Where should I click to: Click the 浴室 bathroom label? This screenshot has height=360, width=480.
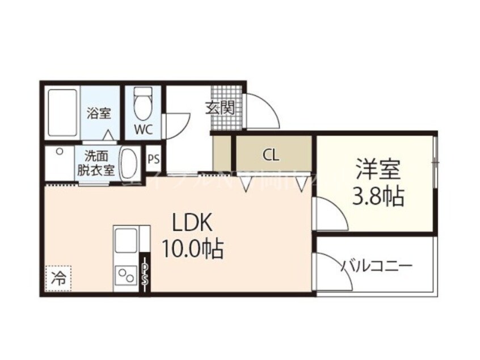pyautogui.click(x=99, y=113)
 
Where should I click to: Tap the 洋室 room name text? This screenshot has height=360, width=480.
pyautogui.click(x=378, y=170)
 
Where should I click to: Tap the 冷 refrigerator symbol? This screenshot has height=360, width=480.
pyautogui.click(x=58, y=278)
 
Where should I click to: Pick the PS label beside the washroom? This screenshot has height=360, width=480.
pyautogui.click(x=153, y=159)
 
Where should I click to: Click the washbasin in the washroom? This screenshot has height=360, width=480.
pyautogui.click(x=130, y=163)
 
